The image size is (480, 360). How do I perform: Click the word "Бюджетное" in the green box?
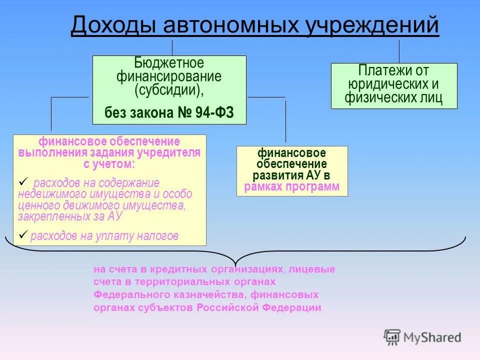click(169, 63)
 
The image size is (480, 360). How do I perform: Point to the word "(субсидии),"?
click(169, 90)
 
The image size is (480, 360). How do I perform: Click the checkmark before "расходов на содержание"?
click(22, 181)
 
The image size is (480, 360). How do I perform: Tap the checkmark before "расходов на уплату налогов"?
click(22, 234)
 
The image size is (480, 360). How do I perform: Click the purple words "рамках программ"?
click(292, 187)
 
